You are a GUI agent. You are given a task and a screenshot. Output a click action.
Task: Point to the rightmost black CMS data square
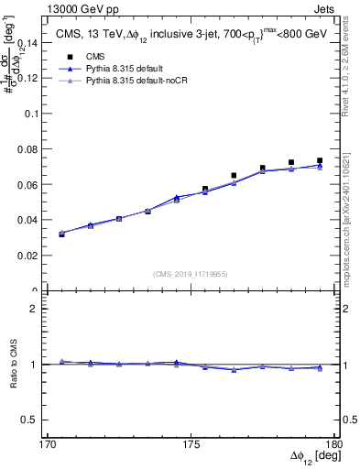pyautogui.click(x=320, y=160)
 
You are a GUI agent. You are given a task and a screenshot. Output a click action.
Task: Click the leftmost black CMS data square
pyautogui.click(x=61, y=234)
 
